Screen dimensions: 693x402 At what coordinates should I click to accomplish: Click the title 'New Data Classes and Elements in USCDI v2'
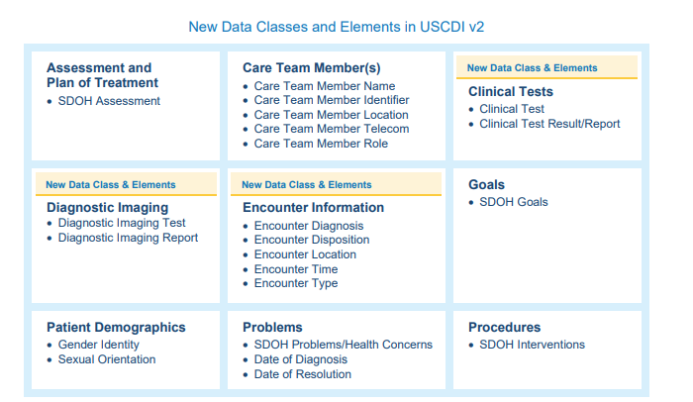(337, 27)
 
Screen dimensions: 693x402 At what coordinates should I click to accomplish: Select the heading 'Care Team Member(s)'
(312, 68)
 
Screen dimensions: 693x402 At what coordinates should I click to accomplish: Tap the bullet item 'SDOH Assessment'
(109, 101)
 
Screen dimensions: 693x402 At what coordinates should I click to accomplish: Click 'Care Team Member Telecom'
(332, 129)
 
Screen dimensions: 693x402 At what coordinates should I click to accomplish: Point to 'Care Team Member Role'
(321, 144)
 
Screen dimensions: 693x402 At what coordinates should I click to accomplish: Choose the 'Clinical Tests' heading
(511, 91)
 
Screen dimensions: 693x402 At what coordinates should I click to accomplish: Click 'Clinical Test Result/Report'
(549, 124)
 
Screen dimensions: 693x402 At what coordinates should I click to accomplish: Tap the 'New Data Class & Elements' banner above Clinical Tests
(546, 67)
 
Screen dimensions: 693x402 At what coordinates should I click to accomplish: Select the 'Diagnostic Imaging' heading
(107, 207)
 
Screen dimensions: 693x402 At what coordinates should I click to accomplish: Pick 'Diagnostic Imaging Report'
(128, 238)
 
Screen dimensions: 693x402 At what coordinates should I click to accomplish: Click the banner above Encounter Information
(336, 184)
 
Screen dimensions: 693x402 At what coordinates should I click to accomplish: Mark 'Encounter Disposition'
(312, 240)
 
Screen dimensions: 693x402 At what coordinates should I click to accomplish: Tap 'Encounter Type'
(296, 283)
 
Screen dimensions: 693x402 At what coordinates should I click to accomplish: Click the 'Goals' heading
(486, 184)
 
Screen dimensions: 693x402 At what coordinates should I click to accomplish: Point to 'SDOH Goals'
(514, 202)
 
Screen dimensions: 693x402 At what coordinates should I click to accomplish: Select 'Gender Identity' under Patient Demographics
(99, 345)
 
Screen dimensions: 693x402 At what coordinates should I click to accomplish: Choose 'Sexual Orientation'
(107, 359)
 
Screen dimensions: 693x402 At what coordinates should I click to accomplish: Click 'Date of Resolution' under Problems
(303, 374)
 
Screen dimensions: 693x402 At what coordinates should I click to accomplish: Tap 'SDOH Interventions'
(533, 345)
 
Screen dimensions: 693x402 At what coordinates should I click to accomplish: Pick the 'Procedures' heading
(504, 328)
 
